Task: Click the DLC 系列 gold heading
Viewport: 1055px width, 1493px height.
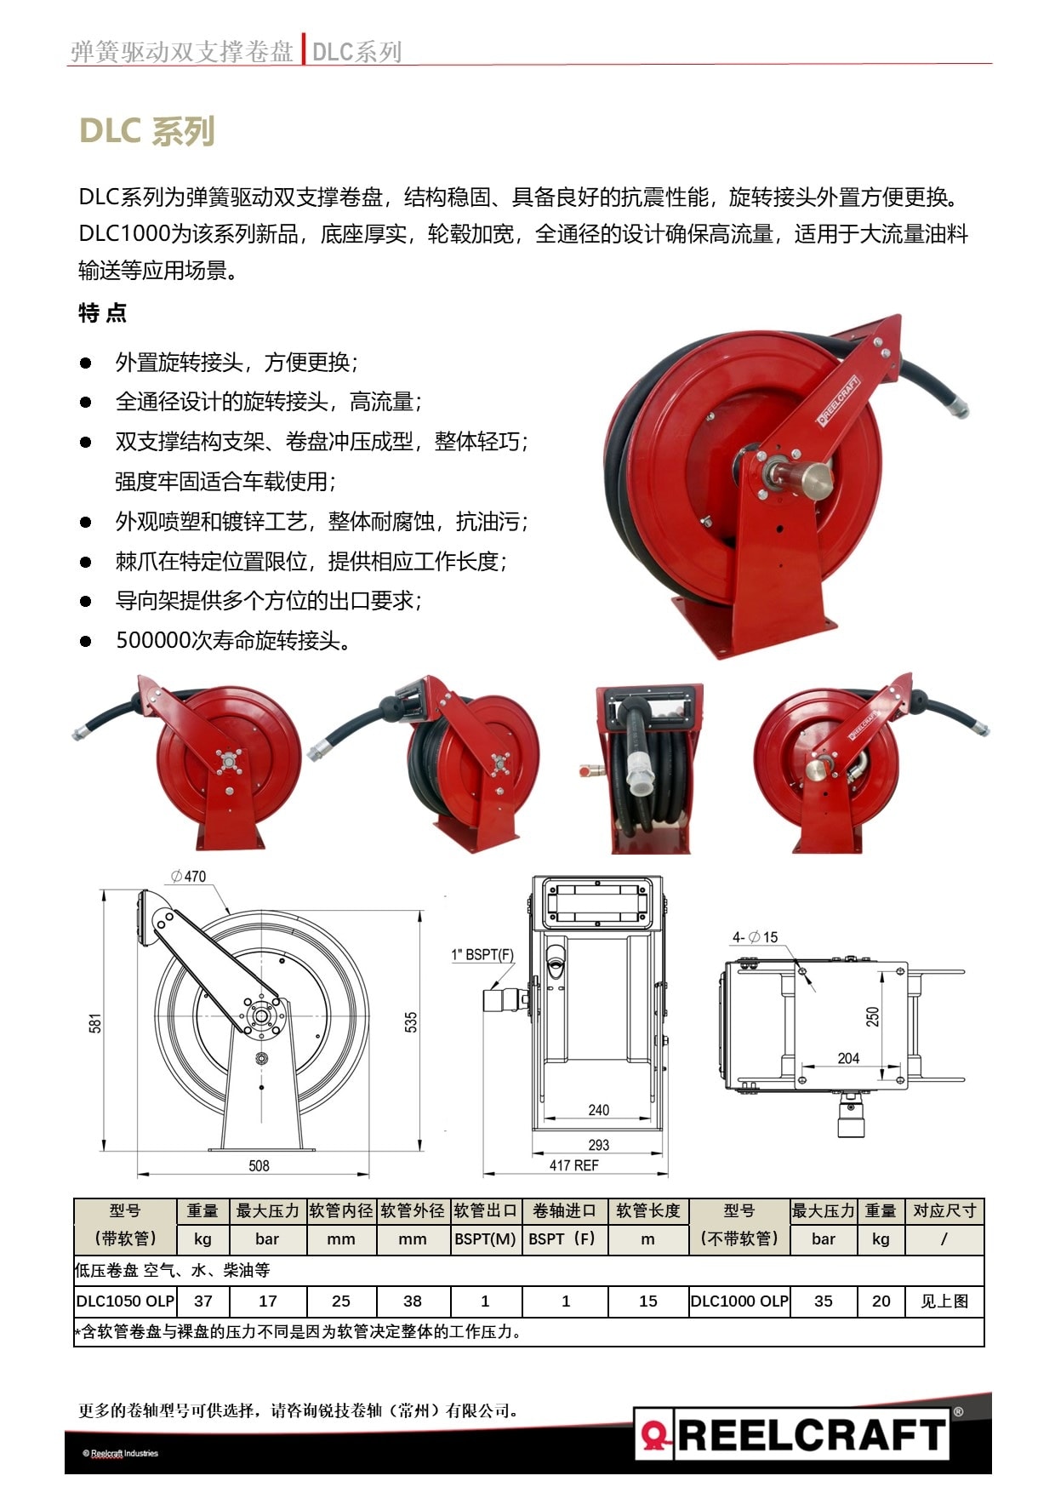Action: pos(146,131)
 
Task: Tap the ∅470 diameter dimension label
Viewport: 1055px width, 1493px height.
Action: pos(188,876)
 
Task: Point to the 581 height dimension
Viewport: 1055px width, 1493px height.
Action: pos(95,1023)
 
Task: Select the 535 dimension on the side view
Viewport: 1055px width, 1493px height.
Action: pos(412,1022)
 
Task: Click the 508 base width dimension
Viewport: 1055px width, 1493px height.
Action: pos(259,1165)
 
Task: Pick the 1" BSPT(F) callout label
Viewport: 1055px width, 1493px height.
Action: pos(482,954)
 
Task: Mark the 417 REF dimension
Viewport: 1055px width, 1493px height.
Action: pos(573,1165)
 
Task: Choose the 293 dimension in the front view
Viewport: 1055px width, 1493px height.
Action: pos(598,1145)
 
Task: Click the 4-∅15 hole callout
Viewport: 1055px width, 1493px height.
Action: pos(756,937)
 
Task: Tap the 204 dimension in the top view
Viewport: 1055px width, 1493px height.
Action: pos(848,1058)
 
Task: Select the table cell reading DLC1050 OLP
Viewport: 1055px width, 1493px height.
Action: pos(125,1301)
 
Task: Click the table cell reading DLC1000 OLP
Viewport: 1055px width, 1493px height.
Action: pos(739,1301)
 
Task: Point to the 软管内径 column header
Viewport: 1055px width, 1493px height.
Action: pos(341,1210)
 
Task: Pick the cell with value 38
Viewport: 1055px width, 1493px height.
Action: pos(413,1301)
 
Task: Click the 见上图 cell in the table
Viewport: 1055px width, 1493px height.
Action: pos(944,1301)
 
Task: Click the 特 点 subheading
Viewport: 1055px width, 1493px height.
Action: pos(102,312)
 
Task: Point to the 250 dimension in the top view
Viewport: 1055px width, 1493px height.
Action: pos(872,1016)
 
